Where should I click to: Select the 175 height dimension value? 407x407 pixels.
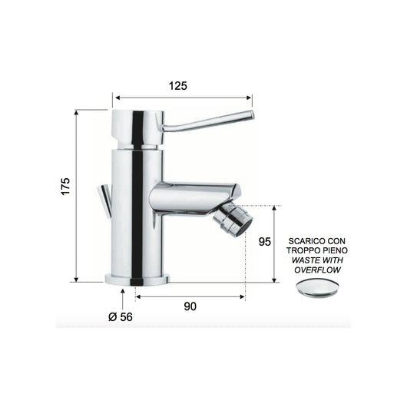tap(65, 186)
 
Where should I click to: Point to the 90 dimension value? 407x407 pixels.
tap(190, 306)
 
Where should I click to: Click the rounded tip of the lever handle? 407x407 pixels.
tap(249, 117)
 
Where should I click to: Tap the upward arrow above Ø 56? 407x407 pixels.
tap(122, 292)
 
